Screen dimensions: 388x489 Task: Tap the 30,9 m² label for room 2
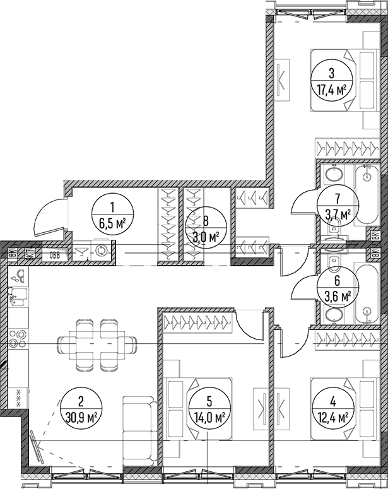81,416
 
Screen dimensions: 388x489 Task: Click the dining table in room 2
97,344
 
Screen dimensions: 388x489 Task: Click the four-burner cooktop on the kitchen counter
18,338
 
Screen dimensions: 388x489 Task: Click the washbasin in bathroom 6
334,315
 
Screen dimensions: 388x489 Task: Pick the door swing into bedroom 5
249,324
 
